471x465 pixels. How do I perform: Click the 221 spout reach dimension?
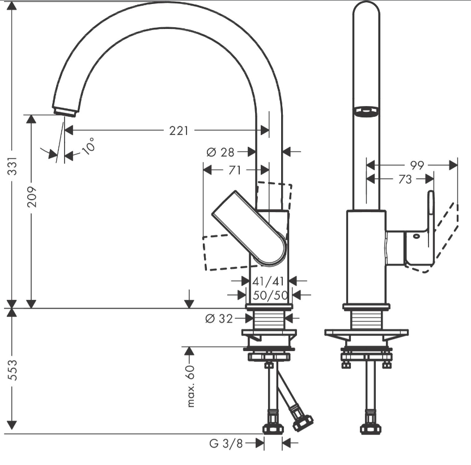(179, 131)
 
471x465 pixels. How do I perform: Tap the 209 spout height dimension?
(32, 197)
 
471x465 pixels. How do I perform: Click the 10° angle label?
(88, 146)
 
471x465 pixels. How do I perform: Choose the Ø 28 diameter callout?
(220, 153)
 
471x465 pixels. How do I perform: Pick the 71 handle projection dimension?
(235, 170)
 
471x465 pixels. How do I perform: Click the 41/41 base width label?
(268, 281)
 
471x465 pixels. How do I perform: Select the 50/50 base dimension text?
(270, 295)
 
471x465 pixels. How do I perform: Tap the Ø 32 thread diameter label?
(219, 318)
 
